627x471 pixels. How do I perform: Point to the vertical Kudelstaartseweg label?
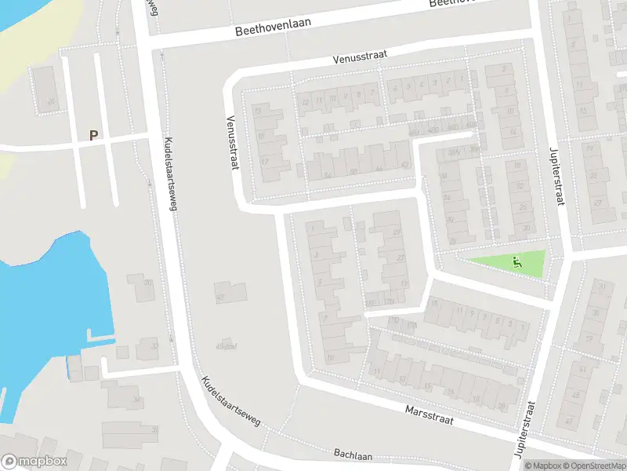170,173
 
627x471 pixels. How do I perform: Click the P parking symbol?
94,135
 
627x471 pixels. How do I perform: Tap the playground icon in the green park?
516,262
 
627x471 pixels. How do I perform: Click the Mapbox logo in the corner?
34,462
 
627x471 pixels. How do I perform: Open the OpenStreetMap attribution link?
596,466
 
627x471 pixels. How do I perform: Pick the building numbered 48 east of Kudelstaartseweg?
220,297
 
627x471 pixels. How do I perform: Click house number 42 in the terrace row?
404,165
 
